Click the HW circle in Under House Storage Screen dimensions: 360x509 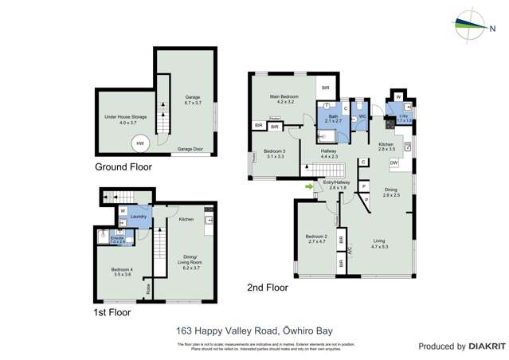pos(140,143)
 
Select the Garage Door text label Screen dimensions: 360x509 pos(189,149)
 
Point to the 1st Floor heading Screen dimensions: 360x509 pos(108,312)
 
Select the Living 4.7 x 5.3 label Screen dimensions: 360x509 pos(379,244)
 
